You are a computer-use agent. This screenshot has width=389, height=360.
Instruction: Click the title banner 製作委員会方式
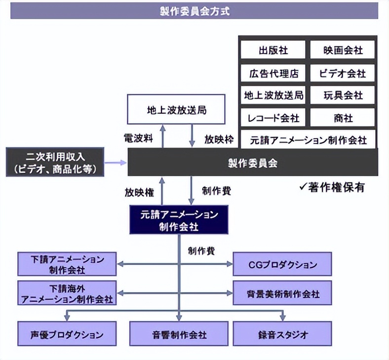point(194,11)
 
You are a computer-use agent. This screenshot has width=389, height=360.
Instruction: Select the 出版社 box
point(273,50)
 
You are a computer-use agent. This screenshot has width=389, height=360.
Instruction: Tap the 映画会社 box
point(343,50)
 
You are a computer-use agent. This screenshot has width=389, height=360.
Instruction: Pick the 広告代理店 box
point(273,73)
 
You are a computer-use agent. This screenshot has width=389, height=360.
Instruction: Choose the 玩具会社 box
point(343,95)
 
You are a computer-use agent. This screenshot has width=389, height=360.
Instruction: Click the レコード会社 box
point(273,118)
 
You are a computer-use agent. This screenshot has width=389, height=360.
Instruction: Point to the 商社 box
point(343,118)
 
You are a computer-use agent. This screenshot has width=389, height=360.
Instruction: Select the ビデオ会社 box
point(343,73)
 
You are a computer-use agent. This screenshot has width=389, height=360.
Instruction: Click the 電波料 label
point(138,138)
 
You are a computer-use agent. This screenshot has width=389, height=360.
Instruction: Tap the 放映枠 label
point(219,139)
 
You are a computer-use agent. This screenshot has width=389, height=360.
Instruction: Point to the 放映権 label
point(139,192)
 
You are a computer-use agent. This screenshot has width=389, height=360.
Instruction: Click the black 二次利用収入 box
point(55,162)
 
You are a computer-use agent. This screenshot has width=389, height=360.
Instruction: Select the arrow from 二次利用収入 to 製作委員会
point(116,163)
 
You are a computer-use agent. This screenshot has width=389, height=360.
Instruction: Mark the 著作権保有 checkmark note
point(332,187)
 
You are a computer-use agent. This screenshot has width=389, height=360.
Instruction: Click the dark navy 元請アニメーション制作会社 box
point(179,220)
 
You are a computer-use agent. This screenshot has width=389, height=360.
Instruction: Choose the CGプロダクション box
point(282,264)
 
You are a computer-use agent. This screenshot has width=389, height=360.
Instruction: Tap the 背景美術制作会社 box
point(282,293)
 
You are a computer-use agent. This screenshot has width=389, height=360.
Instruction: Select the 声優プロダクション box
point(67,333)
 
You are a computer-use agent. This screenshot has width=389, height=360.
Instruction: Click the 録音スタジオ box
point(282,333)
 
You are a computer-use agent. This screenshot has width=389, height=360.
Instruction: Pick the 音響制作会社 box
point(179,333)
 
